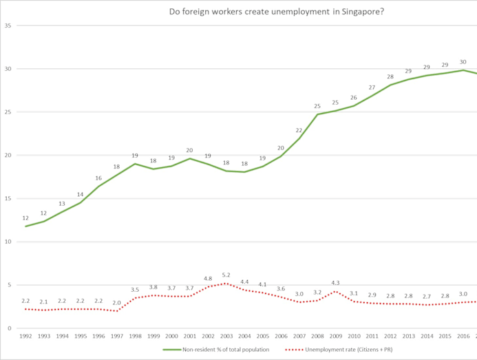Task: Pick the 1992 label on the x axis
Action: (25, 337)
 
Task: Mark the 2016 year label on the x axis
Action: (463, 337)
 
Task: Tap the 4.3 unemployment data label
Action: (336, 282)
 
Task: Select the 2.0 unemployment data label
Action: (116, 302)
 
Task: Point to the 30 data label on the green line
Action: (463, 62)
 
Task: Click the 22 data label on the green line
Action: (299, 130)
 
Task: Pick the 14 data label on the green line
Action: (80, 195)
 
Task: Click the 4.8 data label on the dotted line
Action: (208, 279)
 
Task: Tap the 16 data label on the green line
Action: (98, 178)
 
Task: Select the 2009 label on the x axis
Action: (336, 337)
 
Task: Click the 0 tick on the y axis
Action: (10, 328)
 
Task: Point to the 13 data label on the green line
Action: (62, 203)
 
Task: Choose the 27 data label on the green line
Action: (372, 87)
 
